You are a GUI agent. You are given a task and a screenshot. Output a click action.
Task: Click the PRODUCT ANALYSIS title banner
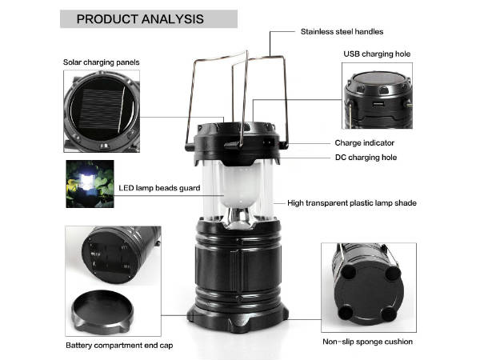pos(149,19)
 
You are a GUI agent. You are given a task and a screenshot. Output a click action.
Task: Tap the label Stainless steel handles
pos(342,31)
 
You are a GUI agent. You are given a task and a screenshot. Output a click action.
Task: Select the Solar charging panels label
pos(102,62)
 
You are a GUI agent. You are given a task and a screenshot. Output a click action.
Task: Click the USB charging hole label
pos(377,54)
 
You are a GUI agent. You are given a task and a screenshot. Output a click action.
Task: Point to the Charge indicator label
pos(364,143)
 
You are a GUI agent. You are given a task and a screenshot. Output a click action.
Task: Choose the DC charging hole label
pos(366,158)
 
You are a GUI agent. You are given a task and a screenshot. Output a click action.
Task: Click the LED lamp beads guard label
pos(159,188)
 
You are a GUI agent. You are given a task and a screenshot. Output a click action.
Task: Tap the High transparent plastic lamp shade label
pos(352,203)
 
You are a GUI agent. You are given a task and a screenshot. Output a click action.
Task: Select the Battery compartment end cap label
pos(119,346)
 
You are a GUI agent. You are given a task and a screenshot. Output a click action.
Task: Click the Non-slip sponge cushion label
pos(368,342)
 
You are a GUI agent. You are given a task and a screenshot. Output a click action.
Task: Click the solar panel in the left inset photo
pos(102,111)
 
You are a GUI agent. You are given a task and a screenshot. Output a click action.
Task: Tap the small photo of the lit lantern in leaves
pos(90,184)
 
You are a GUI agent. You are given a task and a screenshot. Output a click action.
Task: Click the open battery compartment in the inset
pos(112,257)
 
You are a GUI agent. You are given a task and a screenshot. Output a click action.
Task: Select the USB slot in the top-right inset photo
pos(378,104)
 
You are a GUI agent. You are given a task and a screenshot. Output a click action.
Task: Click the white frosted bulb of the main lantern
pos(241,186)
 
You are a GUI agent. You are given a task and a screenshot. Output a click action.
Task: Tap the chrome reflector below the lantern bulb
pos(240,218)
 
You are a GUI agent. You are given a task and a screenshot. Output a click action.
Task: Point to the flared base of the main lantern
pos(238,318)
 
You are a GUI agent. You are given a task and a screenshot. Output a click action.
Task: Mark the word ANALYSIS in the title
pos(173,19)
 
